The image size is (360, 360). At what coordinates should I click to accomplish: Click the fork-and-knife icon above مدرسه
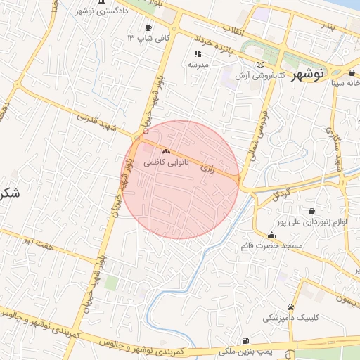point(198,53)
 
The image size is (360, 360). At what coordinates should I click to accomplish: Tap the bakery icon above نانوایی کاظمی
point(167,151)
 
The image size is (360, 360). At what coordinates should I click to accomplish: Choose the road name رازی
point(207,169)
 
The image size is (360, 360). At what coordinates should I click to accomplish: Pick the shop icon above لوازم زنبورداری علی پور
point(311,211)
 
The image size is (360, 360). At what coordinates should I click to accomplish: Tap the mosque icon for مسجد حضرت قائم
point(271,235)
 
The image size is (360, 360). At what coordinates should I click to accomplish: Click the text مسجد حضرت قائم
point(271,245)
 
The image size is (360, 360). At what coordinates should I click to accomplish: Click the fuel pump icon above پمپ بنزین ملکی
point(244,341)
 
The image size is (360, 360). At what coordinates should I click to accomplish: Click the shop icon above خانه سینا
point(352,72)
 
